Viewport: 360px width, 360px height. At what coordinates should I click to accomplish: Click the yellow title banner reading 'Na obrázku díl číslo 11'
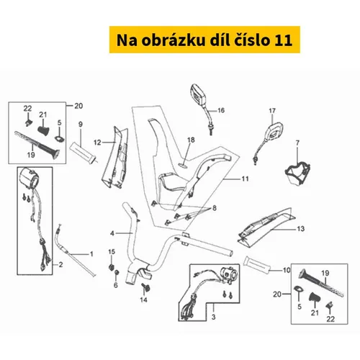[204, 40]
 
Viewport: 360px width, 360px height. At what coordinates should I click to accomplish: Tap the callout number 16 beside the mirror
[221, 110]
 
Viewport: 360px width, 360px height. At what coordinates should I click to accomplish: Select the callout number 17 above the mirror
[272, 111]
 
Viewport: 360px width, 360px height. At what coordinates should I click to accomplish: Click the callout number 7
[297, 143]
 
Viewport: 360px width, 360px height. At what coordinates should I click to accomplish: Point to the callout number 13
[300, 229]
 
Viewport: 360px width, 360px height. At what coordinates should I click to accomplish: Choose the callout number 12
[97, 143]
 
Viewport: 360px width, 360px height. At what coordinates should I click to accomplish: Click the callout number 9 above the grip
[81, 125]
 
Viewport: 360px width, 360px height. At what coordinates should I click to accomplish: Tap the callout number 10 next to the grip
[287, 270]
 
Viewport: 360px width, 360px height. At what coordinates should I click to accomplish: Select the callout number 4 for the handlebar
[112, 233]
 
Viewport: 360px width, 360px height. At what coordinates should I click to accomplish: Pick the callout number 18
[191, 140]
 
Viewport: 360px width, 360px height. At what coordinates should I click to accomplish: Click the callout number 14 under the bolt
[143, 300]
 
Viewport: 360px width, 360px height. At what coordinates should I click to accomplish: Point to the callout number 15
[112, 252]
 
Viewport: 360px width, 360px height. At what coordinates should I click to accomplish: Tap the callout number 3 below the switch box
[213, 317]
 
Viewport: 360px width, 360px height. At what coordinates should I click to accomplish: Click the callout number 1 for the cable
[91, 253]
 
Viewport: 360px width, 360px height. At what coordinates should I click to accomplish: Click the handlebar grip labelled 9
[83, 153]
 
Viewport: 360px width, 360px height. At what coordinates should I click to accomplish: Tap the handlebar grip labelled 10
[257, 265]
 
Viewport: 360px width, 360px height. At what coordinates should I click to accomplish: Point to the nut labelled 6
[117, 272]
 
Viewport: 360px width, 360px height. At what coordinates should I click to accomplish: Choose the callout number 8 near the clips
[215, 208]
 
